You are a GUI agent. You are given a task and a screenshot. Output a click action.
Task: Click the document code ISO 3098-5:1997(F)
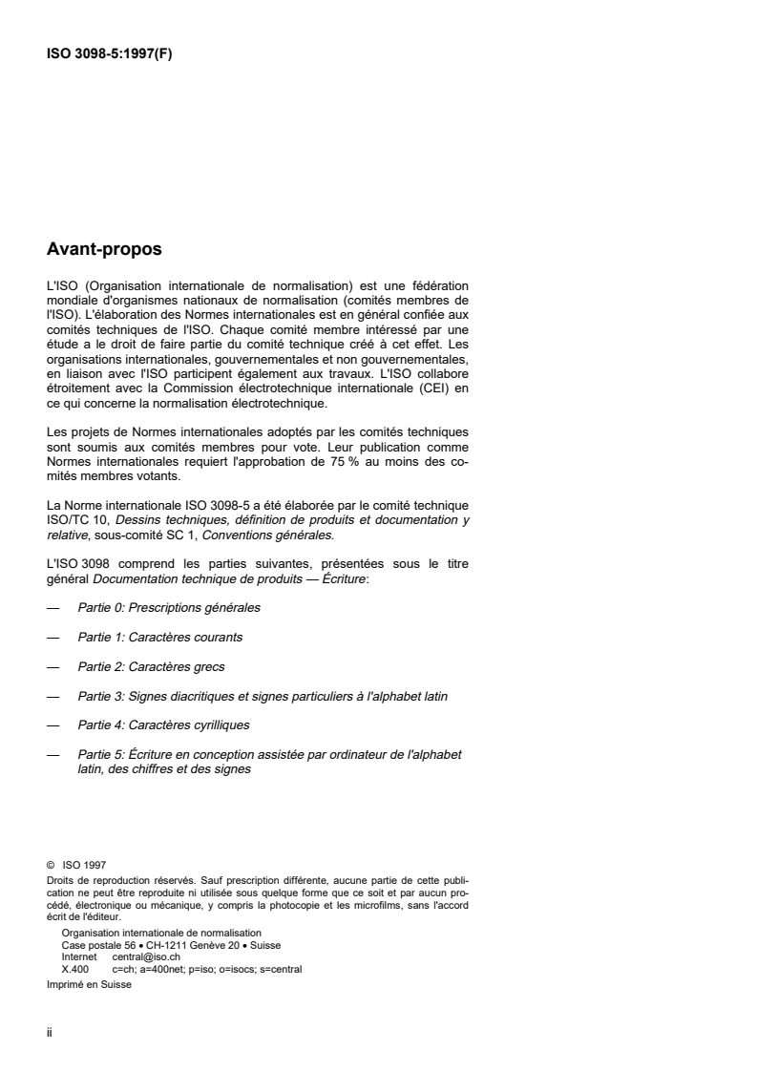109,54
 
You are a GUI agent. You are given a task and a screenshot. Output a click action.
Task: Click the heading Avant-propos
104,251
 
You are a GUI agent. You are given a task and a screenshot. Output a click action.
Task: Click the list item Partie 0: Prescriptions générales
169,607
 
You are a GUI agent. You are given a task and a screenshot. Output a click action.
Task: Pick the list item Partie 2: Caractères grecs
151,666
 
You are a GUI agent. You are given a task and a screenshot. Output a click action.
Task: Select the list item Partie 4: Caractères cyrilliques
163,725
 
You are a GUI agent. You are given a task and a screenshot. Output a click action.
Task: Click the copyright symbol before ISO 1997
50,868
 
